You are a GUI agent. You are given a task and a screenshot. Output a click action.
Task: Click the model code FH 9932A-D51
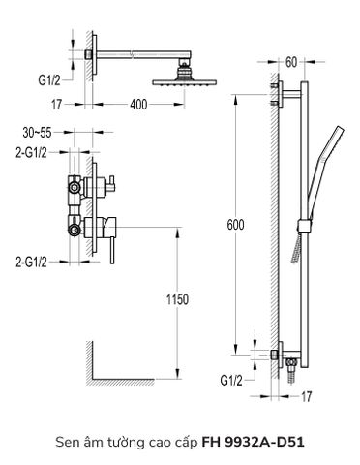(x=242, y=444)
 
